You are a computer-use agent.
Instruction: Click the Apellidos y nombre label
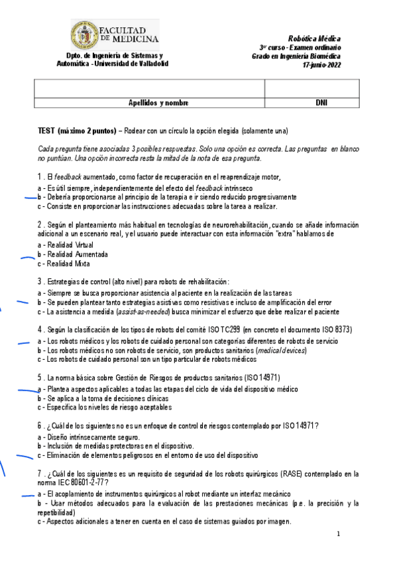159,103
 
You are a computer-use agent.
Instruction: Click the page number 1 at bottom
338,534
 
